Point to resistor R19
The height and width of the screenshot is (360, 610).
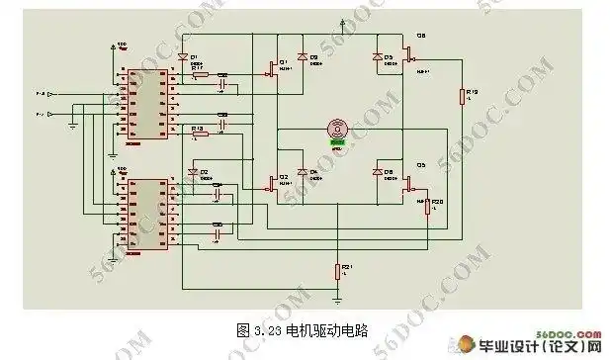pos(462,95)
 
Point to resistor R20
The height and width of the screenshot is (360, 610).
pos(428,205)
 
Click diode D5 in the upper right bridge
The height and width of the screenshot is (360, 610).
pos(377,59)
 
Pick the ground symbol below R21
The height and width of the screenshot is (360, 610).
pos(337,296)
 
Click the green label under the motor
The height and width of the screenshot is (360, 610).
pos(338,142)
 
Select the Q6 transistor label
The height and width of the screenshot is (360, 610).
pos(420,36)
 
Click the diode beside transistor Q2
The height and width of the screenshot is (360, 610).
pos(305,172)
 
